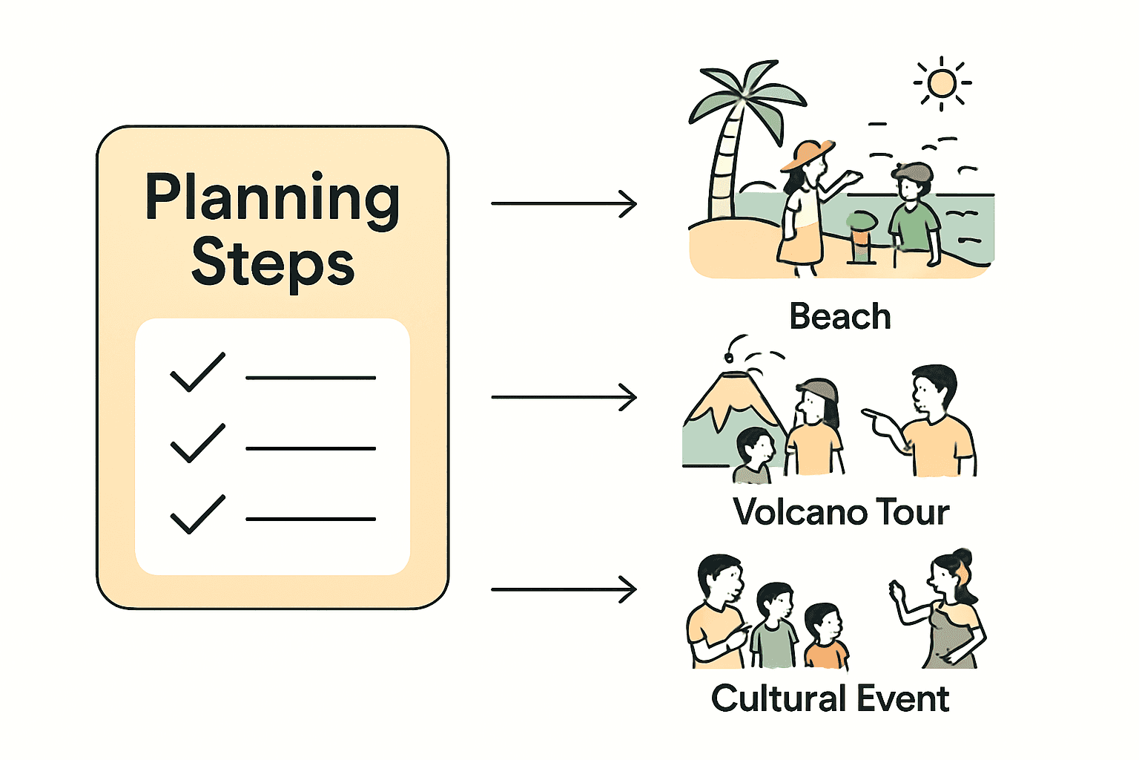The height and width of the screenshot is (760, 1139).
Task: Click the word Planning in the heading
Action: (272, 198)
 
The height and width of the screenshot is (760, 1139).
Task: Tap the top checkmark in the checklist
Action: (197, 372)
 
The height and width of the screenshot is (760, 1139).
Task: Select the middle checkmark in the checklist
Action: (197, 443)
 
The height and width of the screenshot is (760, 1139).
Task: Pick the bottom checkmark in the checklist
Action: (197, 514)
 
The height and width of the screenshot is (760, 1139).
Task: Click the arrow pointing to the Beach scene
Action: (564, 203)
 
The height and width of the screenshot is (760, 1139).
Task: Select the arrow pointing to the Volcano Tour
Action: (564, 397)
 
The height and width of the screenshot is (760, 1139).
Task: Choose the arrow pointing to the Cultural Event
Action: (564, 589)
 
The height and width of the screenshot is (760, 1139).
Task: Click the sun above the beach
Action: (942, 83)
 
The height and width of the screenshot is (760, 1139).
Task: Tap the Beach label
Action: (839, 317)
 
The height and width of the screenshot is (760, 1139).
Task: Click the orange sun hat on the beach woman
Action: (807, 153)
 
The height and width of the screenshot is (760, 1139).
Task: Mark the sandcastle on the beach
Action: (862, 237)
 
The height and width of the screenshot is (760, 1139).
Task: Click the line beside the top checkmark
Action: (311, 378)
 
